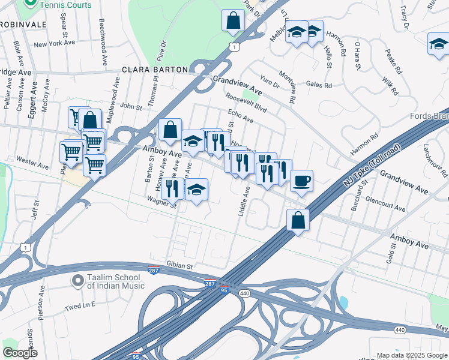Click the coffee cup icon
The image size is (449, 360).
[x=302, y=180]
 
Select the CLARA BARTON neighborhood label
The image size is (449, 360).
[x=155, y=70]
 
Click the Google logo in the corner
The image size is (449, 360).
[x=20, y=353]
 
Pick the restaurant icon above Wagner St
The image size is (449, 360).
[x=172, y=188]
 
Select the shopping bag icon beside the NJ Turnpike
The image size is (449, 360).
[x=298, y=220]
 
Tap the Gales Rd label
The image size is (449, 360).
[x=319, y=85]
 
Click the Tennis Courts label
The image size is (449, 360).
[x=67, y=5]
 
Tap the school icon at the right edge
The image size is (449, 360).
[x=439, y=43]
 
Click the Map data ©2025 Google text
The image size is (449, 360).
[x=411, y=355]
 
